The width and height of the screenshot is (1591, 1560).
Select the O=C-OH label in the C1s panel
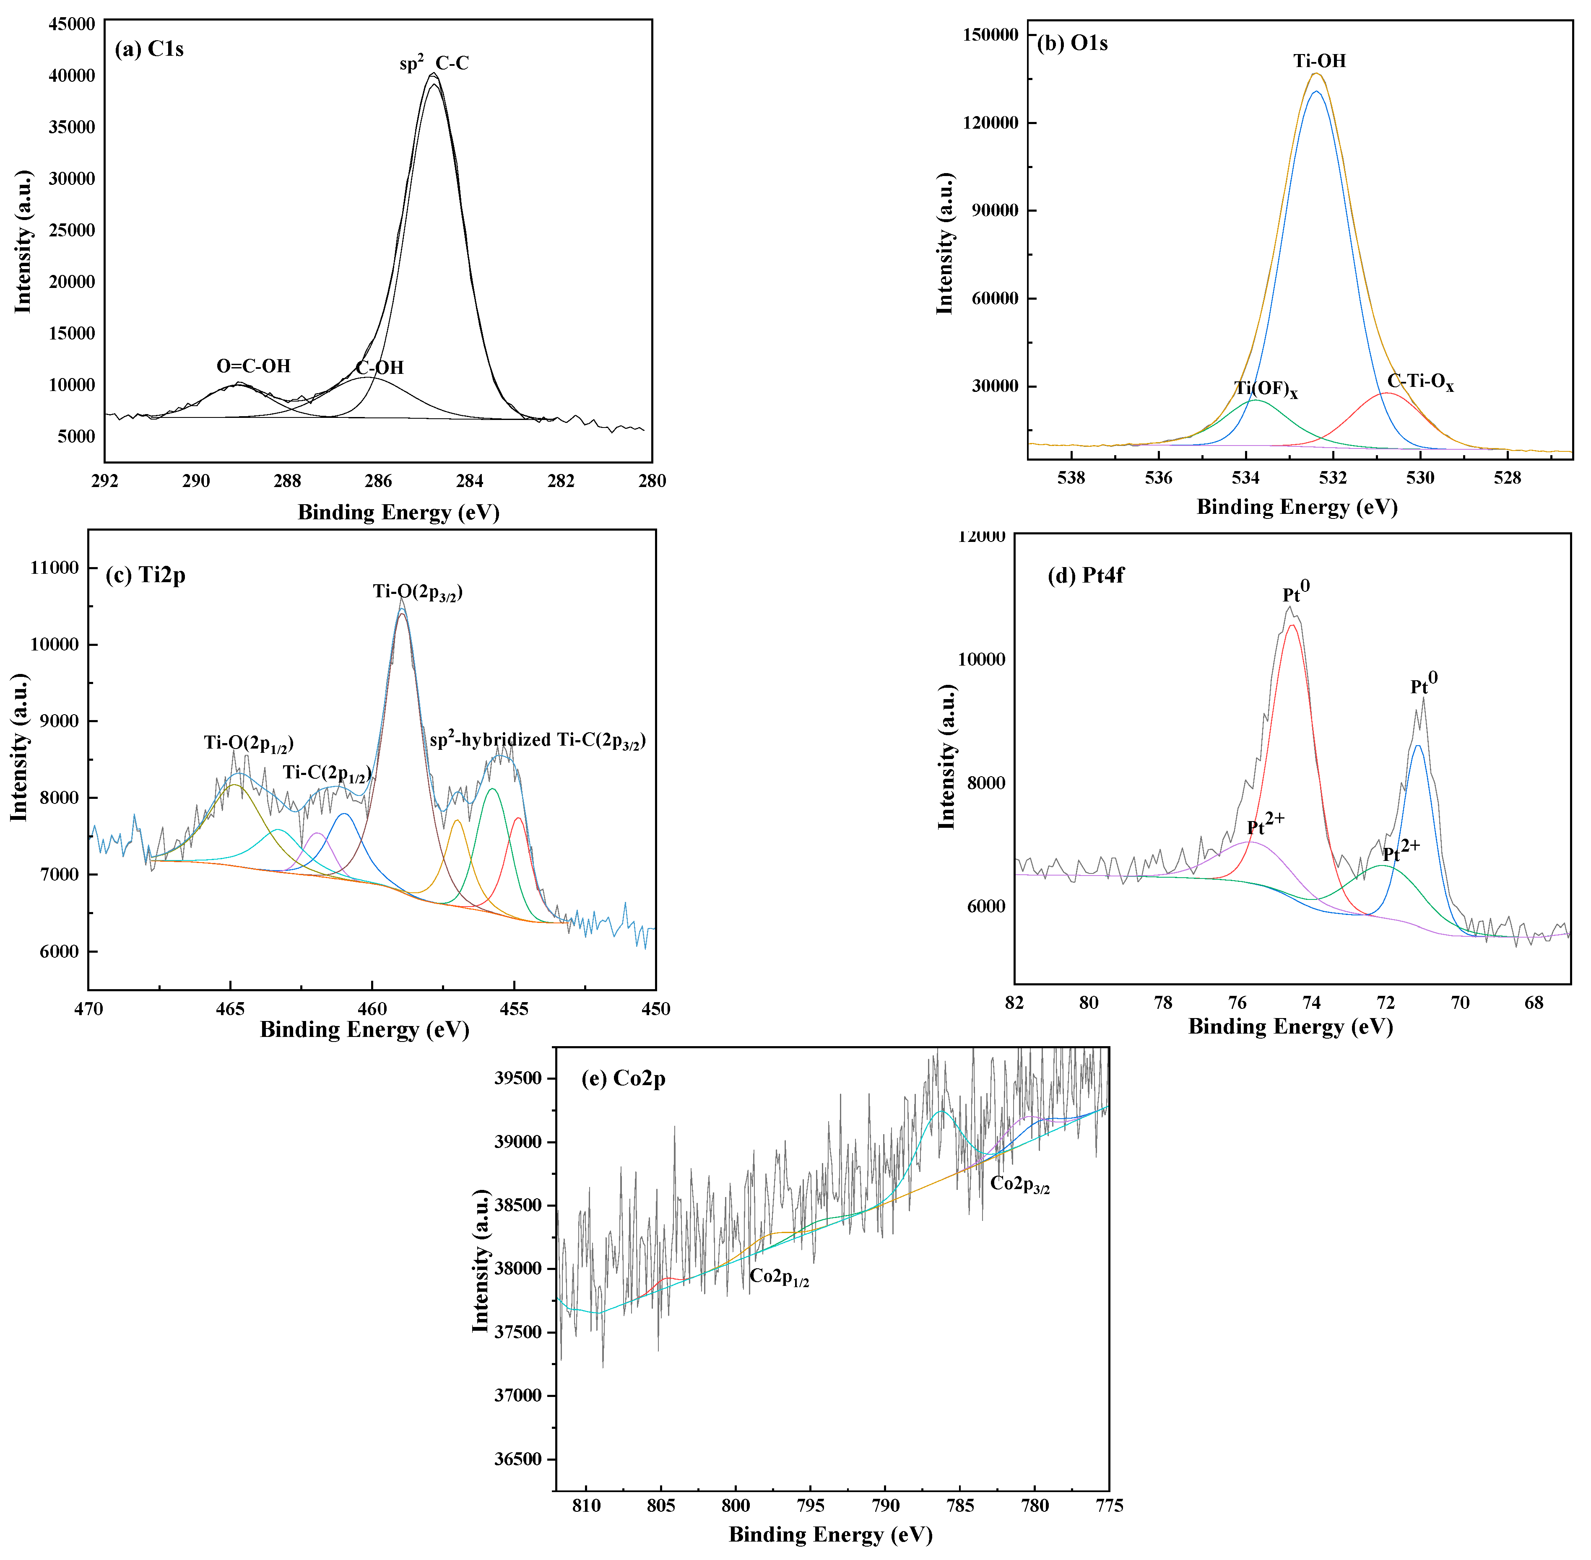coord(253,366)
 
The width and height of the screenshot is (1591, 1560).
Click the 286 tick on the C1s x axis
coord(378,481)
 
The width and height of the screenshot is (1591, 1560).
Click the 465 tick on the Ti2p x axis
coord(230,1009)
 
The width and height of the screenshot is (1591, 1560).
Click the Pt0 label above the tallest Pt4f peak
coord(1296,591)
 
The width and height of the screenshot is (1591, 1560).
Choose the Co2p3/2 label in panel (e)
coord(1020,1184)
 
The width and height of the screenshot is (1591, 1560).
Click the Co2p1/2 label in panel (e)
coord(779,1277)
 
